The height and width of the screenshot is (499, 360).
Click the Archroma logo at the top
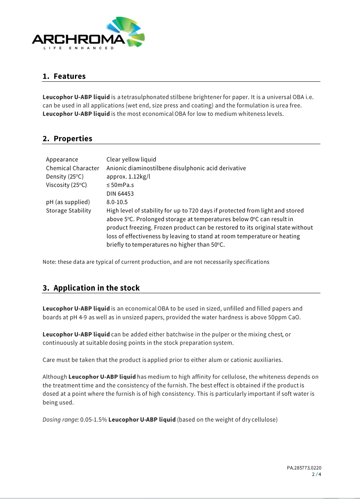[88, 34]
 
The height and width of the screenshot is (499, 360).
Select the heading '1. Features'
[64, 76]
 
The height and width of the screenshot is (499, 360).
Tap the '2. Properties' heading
[67, 139]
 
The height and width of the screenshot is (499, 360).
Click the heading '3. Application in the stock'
[91, 288]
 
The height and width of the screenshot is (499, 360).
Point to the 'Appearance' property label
[62, 160]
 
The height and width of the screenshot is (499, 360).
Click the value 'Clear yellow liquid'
[131, 160]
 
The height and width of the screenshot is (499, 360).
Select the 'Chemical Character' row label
[73, 168]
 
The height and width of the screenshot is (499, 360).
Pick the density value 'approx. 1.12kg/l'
[128, 177]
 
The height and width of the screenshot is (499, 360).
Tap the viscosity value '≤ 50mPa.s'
[120, 185]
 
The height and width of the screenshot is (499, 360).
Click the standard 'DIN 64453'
[120, 194]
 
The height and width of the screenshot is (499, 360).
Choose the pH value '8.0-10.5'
[117, 202]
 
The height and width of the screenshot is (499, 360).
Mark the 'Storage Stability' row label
[68, 211]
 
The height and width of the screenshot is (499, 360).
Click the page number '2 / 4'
[317, 474]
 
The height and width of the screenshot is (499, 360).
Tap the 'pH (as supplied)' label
[68, 202]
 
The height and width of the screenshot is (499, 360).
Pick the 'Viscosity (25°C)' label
[66, 185]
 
